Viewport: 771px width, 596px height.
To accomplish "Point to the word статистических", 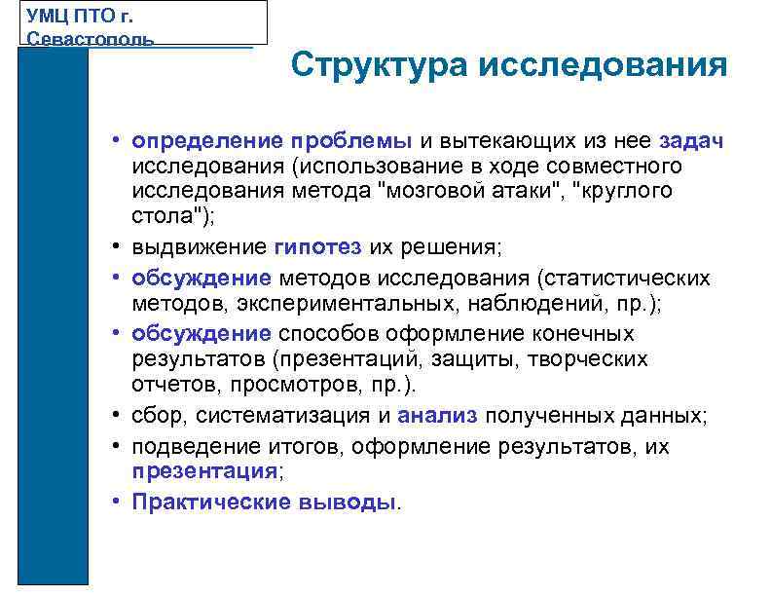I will (630, 279).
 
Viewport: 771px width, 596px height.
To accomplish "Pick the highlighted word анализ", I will (437, 416).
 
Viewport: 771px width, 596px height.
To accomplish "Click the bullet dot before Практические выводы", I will (115, 503).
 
